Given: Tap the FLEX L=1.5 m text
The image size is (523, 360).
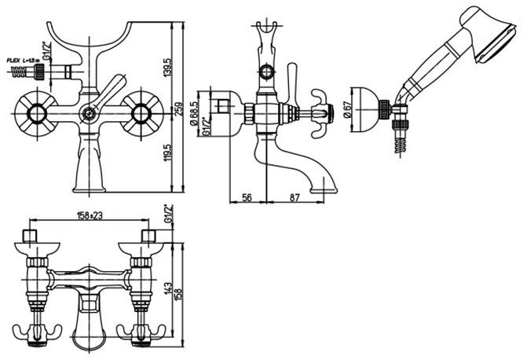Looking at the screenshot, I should coord(24,59).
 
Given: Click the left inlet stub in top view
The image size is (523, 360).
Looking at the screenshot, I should coord(31,237).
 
